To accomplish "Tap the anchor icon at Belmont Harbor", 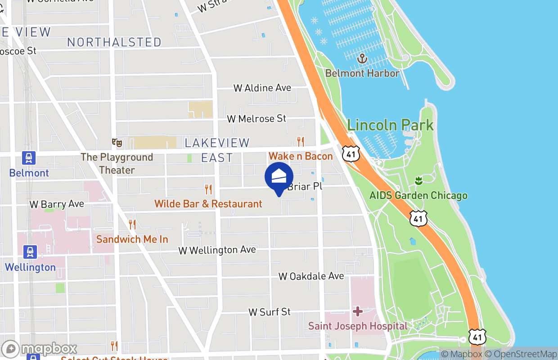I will click(361, 58).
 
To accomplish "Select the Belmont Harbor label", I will click(362, 73).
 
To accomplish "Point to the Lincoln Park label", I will click(390, 125).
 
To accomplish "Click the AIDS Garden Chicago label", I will click(418, 196).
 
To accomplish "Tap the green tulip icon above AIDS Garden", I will click(418, 181).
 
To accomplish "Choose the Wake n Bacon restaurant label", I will click(301, 156).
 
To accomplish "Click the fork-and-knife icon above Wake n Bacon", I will click(301, 142).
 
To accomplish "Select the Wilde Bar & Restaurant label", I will click(208, 204).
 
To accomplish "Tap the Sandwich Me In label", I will click(132, 239).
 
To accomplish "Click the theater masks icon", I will click(117, 143).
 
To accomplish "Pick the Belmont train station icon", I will click(29, 158).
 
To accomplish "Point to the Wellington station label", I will click(30, 267).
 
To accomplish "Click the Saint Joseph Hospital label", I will click(358, 326).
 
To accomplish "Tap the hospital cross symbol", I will click(358, 311).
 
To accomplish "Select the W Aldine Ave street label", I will click(262, 88).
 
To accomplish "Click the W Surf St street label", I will click(270, 312).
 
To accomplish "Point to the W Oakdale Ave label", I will click(311, 276).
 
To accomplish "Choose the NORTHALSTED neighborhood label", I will click(114, 42).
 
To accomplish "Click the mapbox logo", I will click(40, 349).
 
